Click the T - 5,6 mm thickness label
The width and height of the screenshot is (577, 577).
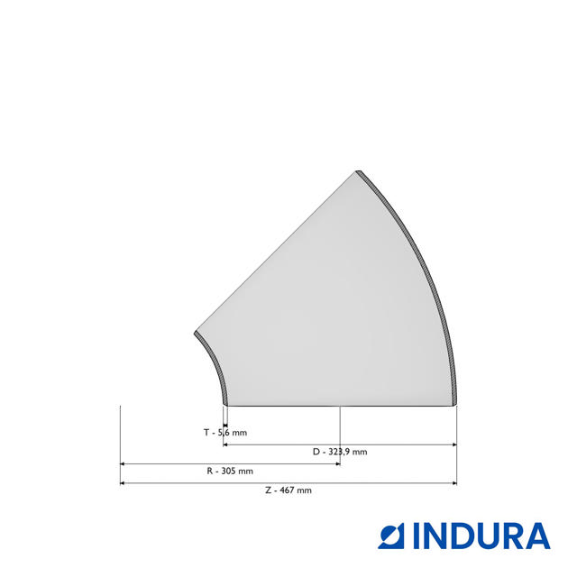click(225, 433)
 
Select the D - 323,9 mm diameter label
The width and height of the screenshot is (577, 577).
click(340, 452)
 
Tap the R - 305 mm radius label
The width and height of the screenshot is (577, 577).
click(230, 471)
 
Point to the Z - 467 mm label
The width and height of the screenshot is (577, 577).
click(288, 490)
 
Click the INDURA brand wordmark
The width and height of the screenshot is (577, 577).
click(481, 536)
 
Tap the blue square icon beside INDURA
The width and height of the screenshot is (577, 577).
click(390, 536)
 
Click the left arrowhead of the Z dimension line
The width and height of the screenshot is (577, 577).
click(123, 483)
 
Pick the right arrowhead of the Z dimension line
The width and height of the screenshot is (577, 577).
click(454, 483)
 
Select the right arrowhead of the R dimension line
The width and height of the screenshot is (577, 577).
click(338, 464)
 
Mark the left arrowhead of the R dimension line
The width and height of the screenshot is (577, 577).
click(123, 464)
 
